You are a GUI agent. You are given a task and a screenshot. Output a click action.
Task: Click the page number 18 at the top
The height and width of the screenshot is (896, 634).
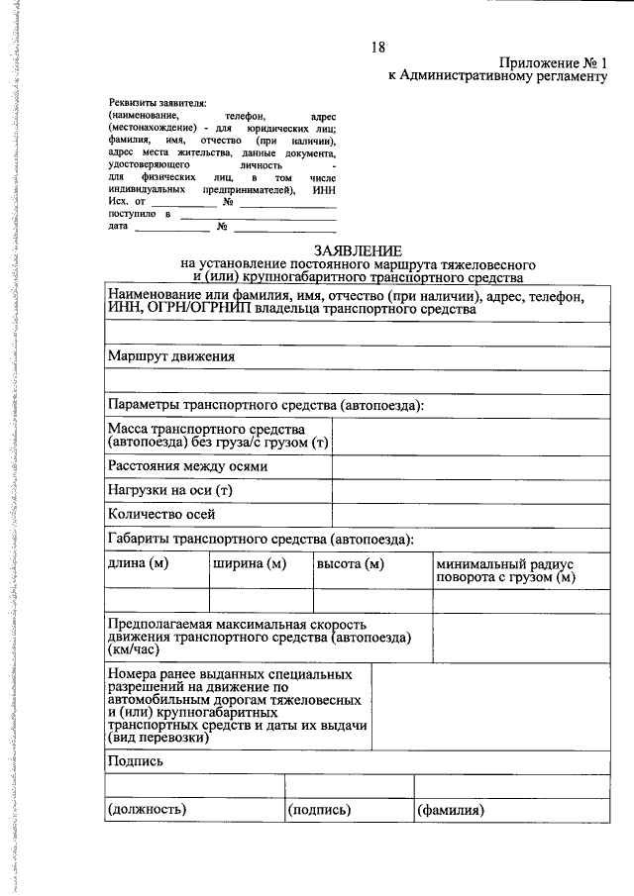coord(378,48)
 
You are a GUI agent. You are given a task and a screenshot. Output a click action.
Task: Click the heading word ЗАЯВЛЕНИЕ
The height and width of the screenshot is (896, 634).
coord(358,251)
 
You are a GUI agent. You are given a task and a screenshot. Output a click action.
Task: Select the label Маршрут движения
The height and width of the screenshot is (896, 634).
coord(171,356)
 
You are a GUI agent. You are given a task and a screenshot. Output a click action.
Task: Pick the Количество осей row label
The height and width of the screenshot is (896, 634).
coord(161,515)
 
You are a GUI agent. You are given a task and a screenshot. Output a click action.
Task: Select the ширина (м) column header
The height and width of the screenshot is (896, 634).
coord(250,564)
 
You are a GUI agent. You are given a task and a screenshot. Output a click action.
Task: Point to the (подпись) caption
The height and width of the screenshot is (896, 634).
coord(319,810)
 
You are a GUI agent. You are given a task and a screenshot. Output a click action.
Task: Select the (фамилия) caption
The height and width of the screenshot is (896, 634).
coord(450,810)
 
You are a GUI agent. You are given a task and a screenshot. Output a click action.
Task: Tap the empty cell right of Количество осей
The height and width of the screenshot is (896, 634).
coord(471,515)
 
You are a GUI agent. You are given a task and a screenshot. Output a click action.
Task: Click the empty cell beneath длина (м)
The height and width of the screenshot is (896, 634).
coord(156,600)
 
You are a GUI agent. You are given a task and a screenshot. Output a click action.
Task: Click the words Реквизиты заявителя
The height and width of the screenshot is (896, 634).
coord(157,102)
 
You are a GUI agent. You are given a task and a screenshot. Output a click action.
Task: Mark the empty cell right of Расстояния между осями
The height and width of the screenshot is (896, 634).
coord(471,466)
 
